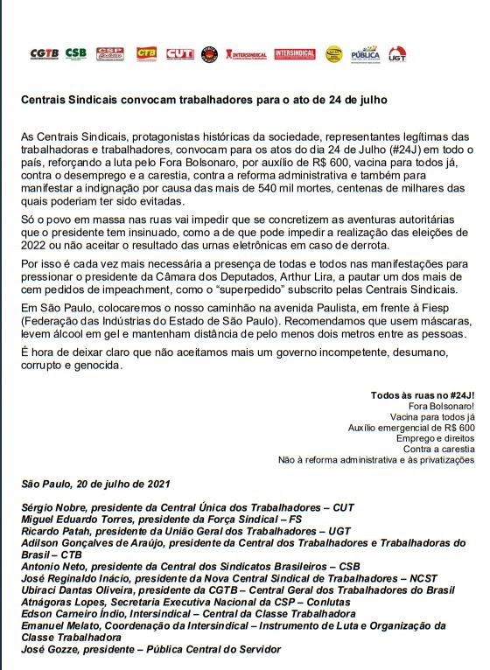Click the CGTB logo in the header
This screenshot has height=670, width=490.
click(44, 54)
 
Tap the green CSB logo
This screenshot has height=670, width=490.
click(76, 54)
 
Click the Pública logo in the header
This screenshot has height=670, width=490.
click(365, 54)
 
